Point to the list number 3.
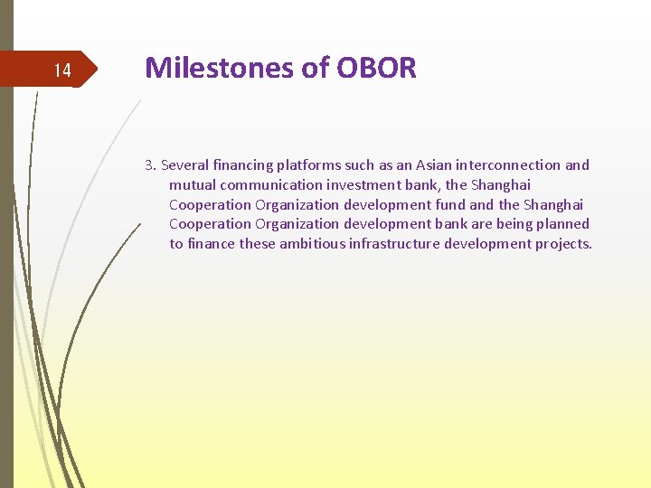click(149, 165)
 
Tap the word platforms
click(310, 165)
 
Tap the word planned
click(561, 224)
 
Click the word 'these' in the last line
click(257, 244)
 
